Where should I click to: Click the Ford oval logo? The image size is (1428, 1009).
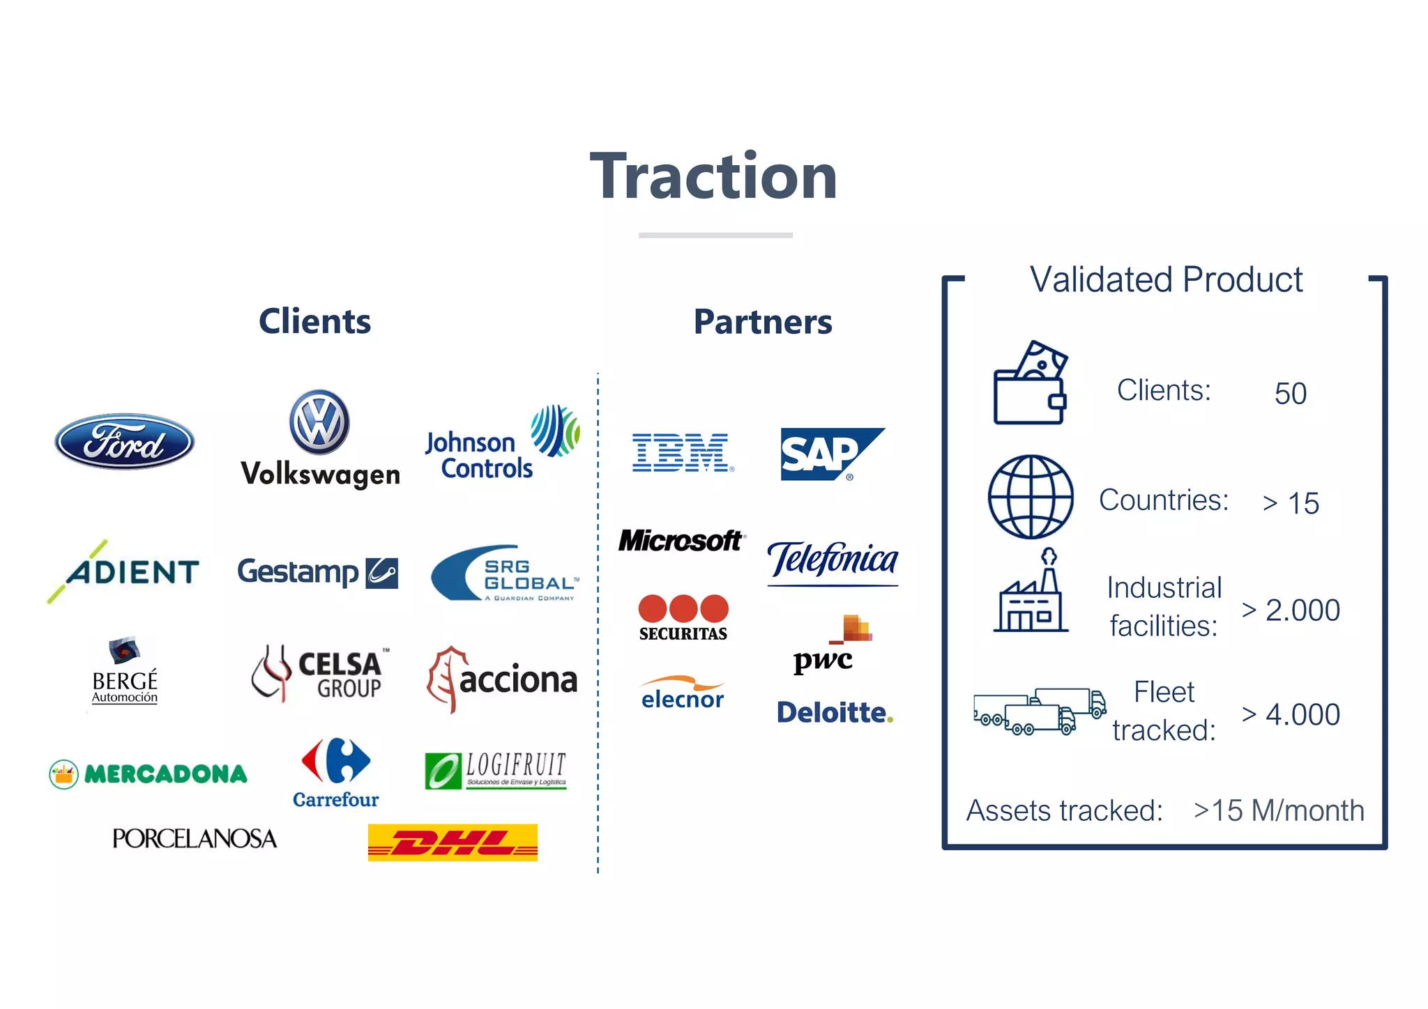125,441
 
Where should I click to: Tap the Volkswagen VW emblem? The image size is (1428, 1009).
319,422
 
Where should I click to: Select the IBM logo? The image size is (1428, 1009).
682,452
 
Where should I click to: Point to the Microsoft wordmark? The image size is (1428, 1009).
681,541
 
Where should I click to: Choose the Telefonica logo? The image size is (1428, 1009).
833,561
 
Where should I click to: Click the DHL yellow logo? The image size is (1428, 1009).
453,842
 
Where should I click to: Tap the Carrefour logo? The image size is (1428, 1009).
335,772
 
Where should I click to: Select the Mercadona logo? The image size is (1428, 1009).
149,773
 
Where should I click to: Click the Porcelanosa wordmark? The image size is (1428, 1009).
195,838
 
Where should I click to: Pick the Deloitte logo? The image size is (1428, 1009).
835,713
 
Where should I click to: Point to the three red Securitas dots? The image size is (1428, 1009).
683,608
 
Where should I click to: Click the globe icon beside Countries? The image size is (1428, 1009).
1031,497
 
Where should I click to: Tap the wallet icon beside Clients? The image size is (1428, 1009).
1030,383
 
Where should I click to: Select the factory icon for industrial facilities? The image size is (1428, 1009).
1031,592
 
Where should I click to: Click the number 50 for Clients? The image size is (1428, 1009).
1290,394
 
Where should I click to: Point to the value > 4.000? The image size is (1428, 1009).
1291,715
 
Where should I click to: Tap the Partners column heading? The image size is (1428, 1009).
763,322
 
